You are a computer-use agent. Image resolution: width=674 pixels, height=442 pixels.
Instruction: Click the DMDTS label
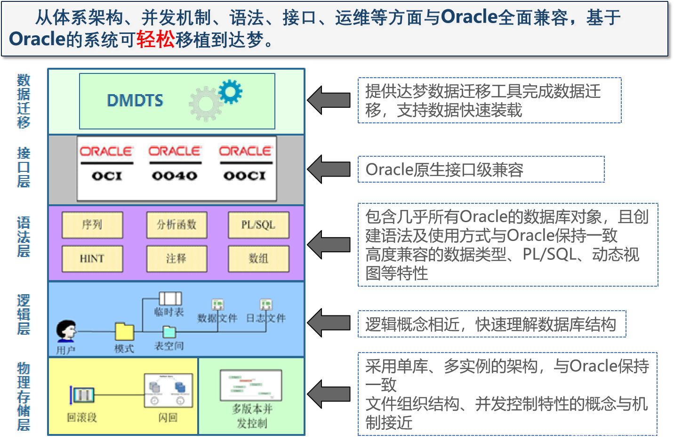click(135, 100)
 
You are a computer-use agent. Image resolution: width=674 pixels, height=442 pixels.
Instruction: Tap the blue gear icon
click(230, 91)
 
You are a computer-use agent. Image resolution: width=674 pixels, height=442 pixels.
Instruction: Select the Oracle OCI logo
click(106, 163)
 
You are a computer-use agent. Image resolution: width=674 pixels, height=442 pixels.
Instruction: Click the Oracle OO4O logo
click(175, 163)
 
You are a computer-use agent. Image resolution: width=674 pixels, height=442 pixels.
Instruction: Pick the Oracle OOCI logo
click(245, 163)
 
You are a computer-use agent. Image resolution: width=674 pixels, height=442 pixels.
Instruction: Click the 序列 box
click(92, 225)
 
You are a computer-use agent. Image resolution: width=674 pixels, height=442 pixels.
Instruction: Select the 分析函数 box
click(177, 225)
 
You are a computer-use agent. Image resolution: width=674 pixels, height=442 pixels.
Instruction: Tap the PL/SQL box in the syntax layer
click(258, 225)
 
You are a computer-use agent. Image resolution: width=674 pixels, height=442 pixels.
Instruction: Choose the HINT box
click(92, 258)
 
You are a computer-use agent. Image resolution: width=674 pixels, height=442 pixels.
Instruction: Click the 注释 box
click(177, 258)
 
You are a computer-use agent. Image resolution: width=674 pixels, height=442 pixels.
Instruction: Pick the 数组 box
click(258, 258)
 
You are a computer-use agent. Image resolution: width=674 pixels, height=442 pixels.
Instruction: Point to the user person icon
click(66, 330)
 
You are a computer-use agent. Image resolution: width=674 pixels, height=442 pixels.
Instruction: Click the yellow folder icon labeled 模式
click(125, 331)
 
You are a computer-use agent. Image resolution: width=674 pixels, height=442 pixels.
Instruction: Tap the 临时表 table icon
click(170, 298)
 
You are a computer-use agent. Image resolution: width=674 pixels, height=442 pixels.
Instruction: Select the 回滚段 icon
click(83, 395)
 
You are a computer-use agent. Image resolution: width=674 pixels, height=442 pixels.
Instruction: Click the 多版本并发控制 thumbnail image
click(251, 385)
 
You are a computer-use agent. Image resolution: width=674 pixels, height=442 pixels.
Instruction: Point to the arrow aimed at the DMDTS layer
click(329, 100)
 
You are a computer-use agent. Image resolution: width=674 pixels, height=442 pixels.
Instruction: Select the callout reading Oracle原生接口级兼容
click(481, 169)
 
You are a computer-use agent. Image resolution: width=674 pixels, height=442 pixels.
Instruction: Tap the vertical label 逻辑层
click(24, 314)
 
